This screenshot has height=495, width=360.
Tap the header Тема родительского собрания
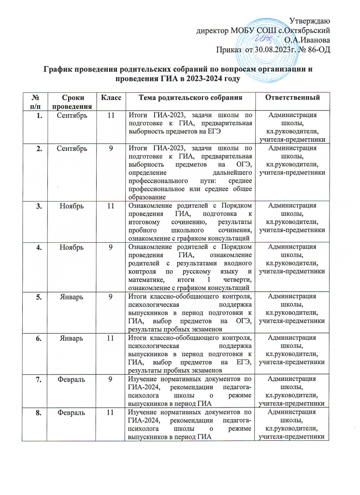click(x=190, y=98)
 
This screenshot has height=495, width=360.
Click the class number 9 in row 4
click(x=111, y=248)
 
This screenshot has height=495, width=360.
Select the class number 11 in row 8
click(x=111, y=399)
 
